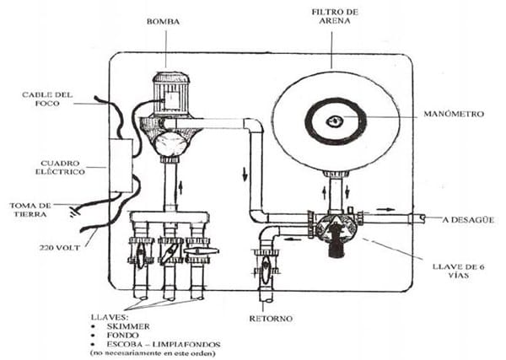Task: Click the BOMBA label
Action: pyautogui.click(x=163, y=22)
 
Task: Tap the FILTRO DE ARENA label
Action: pyautogui.click(x=335, y=17)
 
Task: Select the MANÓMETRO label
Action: pyautogui.click(x=454, y=114)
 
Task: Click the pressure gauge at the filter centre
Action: pyautogui.click(x=334, y=121)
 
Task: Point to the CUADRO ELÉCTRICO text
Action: pyautogui.click(x=60, y=168)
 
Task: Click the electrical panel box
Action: pyautogui.click(x=121, y=165)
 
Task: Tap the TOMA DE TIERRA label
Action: pyautogui.click(x=30, y=210)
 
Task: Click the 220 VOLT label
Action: pyautogui.click(x=59, y=248)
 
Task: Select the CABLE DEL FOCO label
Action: pyautogui.click(x=47, y=99)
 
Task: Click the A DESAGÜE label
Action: pyautogui.click(x=468, y=220)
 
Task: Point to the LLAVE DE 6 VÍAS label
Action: pyautogui.click(x=458, y=271)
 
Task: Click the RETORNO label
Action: pyautogui.click(x=271, y=319)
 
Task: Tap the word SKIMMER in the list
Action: pyautogui.click(x=128, y=326)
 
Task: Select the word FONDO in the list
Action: pyautogui.click(x=122, y=336)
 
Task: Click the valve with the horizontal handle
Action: pyautogui.click(x=197, y=251)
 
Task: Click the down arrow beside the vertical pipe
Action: pyautogui.click(x=245, y=175)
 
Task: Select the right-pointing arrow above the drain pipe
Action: pyautogui.click(x=385, y=209)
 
